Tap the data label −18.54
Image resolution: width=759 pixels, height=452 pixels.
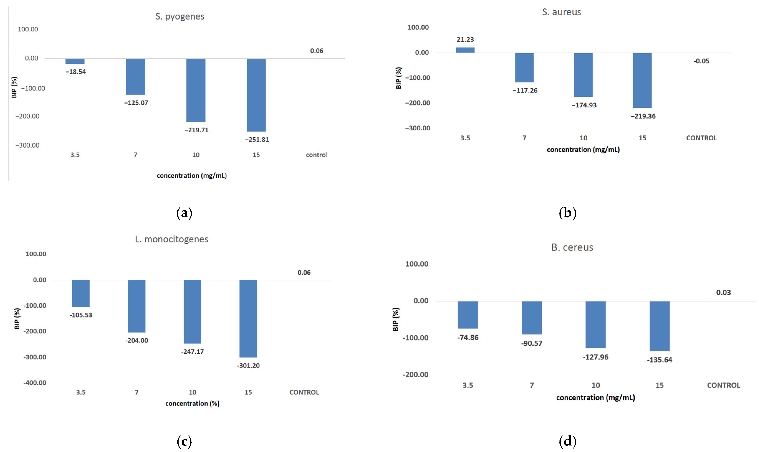coord(76,72)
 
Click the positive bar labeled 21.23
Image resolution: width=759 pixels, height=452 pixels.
coord(465,50)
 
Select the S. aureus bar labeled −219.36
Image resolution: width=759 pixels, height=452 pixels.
coord(642,80)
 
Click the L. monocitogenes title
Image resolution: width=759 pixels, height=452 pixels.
coord(171,239)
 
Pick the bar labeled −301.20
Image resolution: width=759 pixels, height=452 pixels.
coord(248,318)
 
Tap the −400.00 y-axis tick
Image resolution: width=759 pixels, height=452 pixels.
coord(35,383)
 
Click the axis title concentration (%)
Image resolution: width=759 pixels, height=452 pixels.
coord(192,403)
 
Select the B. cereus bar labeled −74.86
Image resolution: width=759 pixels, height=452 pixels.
coord(468,315)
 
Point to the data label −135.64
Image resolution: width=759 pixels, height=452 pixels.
coord(659,360)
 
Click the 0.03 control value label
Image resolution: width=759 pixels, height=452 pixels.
coord(723,293)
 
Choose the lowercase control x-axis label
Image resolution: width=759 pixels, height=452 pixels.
coord(317,155)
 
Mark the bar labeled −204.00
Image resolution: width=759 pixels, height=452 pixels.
coord(137,306)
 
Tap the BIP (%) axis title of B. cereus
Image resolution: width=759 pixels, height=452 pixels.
coord(396,319)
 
